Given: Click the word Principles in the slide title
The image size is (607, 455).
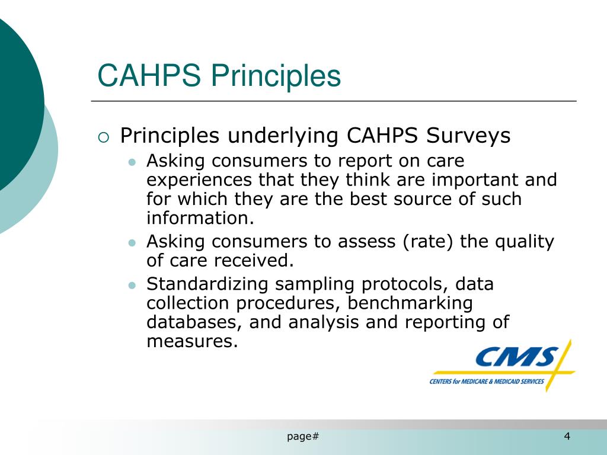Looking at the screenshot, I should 277,76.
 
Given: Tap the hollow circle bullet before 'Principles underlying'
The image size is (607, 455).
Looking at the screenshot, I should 104,137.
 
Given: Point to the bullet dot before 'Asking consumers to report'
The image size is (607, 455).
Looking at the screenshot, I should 133,162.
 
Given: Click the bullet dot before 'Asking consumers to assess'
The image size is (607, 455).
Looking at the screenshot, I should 133,242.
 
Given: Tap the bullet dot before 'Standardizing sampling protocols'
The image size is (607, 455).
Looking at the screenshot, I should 133,285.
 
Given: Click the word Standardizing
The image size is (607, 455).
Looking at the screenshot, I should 208,284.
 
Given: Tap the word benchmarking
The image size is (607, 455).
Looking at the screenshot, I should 410,303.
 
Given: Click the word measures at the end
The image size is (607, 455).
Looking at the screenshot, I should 191,341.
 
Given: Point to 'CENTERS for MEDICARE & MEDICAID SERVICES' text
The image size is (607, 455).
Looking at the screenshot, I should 487,382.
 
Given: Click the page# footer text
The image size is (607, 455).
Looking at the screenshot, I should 303,437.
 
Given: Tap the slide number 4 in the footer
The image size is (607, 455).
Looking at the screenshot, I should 567,437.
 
